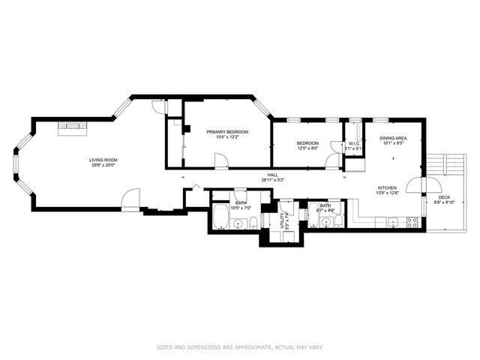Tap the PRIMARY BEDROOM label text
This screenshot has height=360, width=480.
pyautogui.click(x=227, y=132)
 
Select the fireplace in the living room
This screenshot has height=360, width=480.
pyautogui.click(x=73, y=125)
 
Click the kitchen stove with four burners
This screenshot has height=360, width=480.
pyautogui.click(x=412, y=220)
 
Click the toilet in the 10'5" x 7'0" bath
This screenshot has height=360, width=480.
pyautogui.click(x=253, y=221)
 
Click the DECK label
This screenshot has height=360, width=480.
pyautogui.click(x=444, y=198)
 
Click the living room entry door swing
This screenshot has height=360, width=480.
pyautogui.click(x=130, y=200)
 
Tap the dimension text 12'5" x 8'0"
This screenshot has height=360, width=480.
pyautogui.click(x=307, y=148)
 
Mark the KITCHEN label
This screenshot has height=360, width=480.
pyautogui.click(x=387, y=187)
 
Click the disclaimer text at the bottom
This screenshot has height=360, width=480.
pyautogui.click(x=240, y=347)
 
